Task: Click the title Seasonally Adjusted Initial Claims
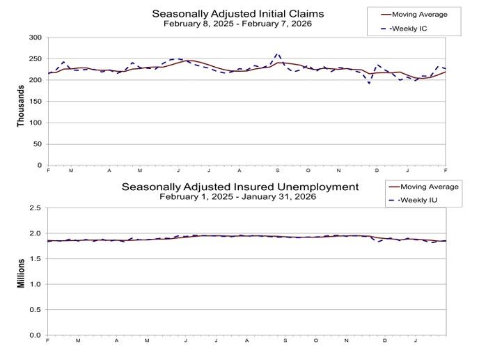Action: tap(237, 13)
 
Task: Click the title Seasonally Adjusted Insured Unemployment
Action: tap(240, 187)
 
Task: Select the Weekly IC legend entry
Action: tap(415, 29)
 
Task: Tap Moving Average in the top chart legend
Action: tap(420, 14)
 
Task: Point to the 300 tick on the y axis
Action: tap(35, 38)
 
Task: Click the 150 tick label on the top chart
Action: tap(35, 102)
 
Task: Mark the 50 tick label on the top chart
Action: tap(37, 144)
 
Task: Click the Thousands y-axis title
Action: tap(21, 102)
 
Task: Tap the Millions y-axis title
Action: tap(21, 272)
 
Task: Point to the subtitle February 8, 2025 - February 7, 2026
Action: tap(237, 24)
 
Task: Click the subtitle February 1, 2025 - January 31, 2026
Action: tap(237, 197)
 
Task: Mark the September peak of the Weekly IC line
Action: tap(278, 53)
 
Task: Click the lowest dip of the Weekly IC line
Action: tap(370, 84)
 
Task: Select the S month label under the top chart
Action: tap(278, 171)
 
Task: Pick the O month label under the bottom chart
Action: tap(315, 341)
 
